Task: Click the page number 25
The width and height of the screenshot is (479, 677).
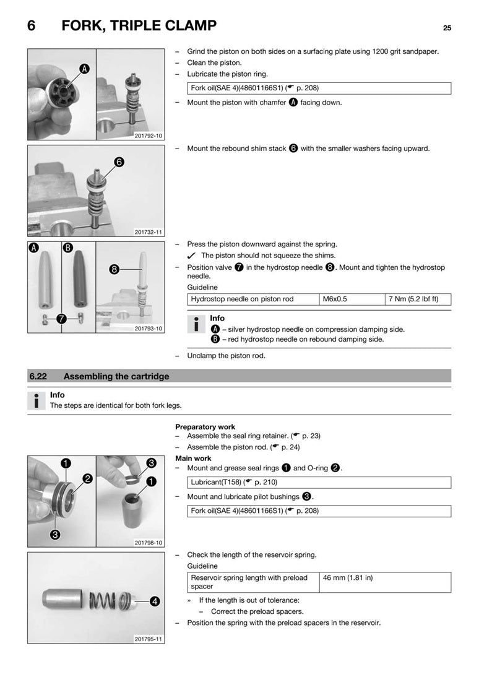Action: [447, 28]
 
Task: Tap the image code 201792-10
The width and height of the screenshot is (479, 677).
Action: [149, 136]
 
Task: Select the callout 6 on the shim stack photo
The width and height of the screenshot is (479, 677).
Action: [119, 162]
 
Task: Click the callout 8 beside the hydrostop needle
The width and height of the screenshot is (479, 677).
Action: [114, 269]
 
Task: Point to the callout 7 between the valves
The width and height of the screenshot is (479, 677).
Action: [61, 319]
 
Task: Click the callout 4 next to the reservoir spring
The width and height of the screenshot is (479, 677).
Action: [153, 600]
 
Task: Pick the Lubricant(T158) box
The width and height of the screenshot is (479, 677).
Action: [319, 482]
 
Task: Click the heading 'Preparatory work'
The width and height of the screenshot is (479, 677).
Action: [205, 427]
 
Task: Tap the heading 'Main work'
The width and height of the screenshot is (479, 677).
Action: [193, 459]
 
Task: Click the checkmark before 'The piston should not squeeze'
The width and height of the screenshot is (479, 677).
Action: [191, 256]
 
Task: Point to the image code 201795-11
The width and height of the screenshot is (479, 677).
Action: [149, 639]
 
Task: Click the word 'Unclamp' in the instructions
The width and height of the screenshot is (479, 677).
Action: [201, 356]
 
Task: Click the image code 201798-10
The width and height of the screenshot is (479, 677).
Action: [149, 543]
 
